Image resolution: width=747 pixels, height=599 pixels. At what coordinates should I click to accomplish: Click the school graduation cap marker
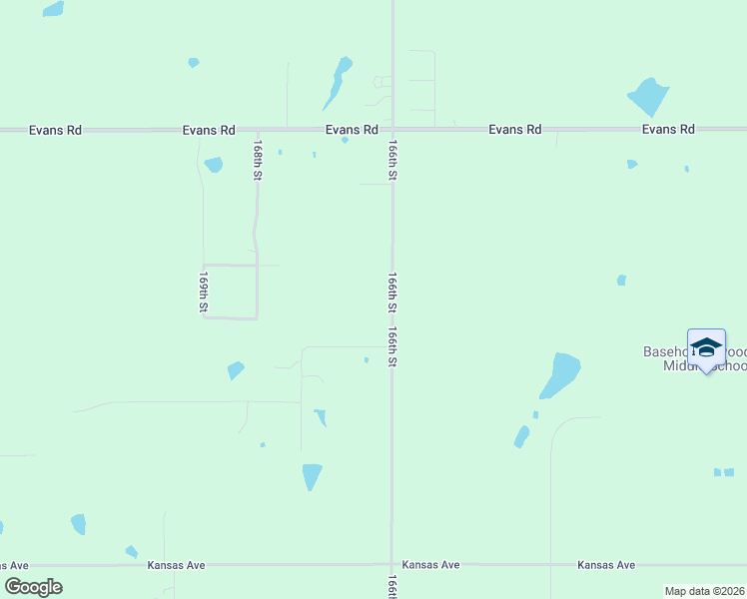click(x=706, y=348)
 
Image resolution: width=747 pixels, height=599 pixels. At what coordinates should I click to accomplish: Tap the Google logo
click(x=33, y=587)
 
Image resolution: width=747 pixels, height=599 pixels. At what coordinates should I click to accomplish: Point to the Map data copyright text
click(x=705, y=591)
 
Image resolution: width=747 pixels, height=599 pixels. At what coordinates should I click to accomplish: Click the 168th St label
click(x=258, y=160)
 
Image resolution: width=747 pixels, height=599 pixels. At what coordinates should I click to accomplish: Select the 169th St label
click(x=203, y=292)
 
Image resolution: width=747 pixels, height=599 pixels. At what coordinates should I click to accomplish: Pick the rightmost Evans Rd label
click(x=668, y=130)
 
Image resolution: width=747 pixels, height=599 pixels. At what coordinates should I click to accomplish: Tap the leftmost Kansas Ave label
click(x=176, y=565)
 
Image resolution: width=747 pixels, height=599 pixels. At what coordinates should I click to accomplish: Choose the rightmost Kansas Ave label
click(x=606, y=565)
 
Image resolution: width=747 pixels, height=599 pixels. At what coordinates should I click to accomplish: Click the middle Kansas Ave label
click(x=430, y=565)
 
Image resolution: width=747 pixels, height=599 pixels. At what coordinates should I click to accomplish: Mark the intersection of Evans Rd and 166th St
click(x=392, y=130)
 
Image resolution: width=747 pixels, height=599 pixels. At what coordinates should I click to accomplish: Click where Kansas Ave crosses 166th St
click(x=392, y=565)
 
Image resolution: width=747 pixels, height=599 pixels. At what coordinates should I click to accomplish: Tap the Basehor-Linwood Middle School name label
click(x=693, y=359)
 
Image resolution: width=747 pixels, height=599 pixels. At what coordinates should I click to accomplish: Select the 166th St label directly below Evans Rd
click(x=392, y=160)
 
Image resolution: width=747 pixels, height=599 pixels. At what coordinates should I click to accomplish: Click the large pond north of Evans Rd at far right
click(x=649, y=97)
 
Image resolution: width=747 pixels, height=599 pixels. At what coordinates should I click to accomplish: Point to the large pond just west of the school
click(x=561, y=373)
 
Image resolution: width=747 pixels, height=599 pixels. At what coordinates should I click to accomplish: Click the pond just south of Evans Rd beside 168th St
click(x=213, y=165)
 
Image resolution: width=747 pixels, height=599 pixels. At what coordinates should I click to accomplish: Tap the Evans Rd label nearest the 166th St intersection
click(x=352, y=130)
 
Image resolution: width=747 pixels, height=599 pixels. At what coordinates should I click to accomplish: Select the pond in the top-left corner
click(x=53, y=9)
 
